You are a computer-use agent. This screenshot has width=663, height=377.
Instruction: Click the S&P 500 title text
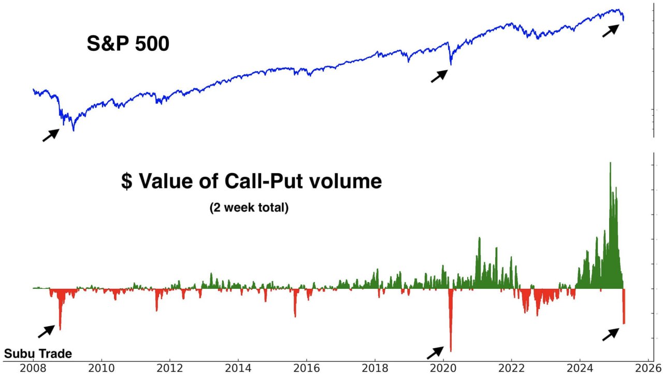128,44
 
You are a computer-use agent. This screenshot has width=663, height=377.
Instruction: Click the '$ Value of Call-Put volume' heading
251,181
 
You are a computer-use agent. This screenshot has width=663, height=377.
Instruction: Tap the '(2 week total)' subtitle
249,208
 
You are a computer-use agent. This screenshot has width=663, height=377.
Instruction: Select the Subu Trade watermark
38,354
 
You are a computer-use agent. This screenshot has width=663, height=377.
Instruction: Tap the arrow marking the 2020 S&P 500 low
439,76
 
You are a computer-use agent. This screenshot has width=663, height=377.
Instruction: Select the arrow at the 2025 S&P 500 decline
611,30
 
